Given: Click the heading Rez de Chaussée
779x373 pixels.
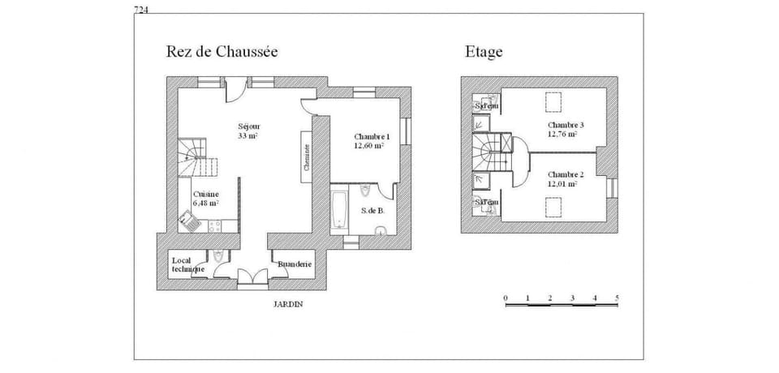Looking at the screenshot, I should (222, 52).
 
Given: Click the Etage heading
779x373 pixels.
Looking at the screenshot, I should (484, 52).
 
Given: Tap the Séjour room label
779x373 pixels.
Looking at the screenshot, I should (248, 131).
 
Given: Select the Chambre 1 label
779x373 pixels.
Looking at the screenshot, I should (369, 141).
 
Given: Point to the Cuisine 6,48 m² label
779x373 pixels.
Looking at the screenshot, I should (205, 199).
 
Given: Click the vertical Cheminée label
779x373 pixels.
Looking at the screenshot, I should (307, 156).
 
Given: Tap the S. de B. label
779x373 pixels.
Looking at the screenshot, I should (373, 211).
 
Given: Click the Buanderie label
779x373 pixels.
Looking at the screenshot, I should (292, 264).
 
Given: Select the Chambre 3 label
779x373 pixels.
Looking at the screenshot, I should (566, 129).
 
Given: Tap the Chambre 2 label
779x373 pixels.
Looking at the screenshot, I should (566, 179).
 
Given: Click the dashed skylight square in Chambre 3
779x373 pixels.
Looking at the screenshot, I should (554, 102).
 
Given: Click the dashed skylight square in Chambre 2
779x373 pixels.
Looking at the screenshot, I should (556, 208).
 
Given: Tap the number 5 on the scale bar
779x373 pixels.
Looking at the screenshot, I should (617, 298).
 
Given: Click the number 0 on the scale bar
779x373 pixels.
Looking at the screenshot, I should (506, 298).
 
